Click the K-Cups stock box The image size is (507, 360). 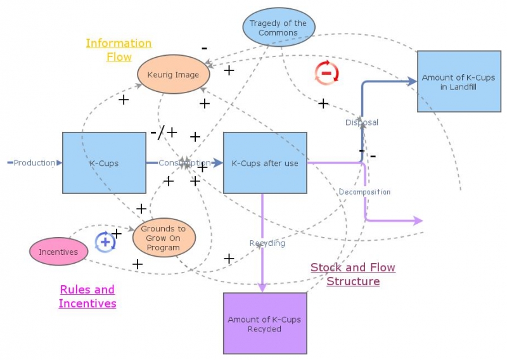pyautogui.click(x=104, y=163)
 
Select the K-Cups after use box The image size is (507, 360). pyautogui.click(x=265, y=163)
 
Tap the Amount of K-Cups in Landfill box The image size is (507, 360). pyautogui.click(x=455, y=82)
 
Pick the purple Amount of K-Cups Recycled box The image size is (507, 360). pyautogui.click(x=264, y=324)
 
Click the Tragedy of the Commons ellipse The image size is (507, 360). pyautogui.click(x=278, y=28)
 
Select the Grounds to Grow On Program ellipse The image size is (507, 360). pyautogui.click(x=164, y=238)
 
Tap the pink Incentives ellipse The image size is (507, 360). pyautogui.click(x=58, y=252)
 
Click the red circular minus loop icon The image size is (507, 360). pyautogui.click(x=327, y=73)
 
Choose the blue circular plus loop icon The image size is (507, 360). pyautogui.click(x=105, y=242)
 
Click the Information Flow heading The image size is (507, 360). pyautogui.click(x=119, y=50)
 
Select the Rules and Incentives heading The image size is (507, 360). pyautogui.click(x=87, y=296)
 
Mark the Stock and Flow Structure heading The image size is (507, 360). pyautogui.click(x=353, y=274)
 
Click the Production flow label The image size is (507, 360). pyautogui.click(x=35, y=163)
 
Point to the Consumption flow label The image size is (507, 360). pyautogui.click(x=184, y=163)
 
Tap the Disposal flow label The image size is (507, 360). pyautogui.click(x=361, y=122)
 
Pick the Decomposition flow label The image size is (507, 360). pyautogui.click(x=364, y=191)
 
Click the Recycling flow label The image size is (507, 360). pyautogui.click(x=267, y=243)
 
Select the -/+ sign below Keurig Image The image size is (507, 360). pyautogui.click(x=164, y=132)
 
